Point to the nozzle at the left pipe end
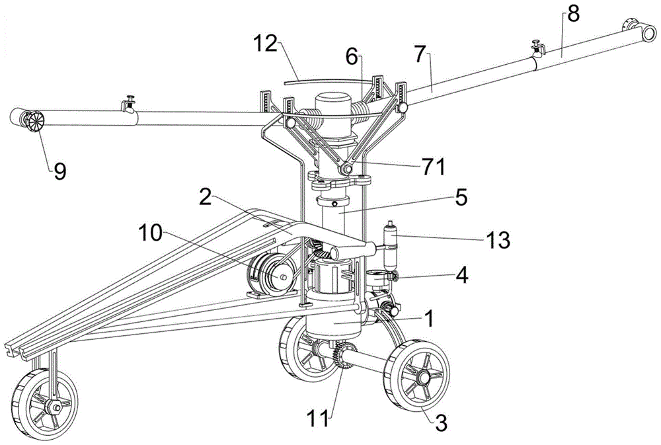[x=32, y=122]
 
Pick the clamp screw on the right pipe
[x=537, y=48]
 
